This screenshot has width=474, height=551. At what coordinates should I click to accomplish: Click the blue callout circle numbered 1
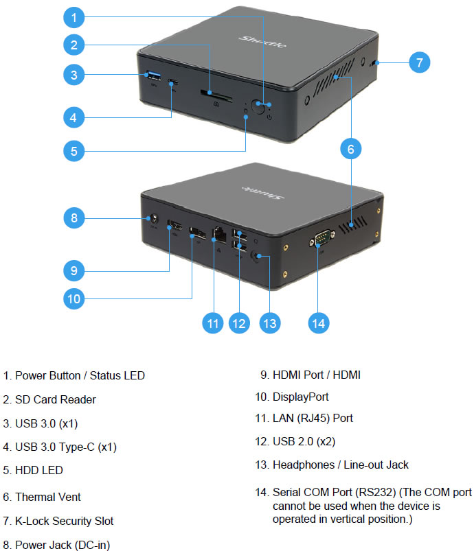(74, 17)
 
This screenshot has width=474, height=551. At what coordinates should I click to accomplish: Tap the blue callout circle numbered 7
(420, 62)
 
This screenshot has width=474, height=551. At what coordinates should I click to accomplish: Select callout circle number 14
(319, 323)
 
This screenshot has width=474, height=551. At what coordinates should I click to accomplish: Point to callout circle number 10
(74, 298)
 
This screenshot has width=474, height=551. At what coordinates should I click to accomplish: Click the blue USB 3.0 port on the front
(153, 75)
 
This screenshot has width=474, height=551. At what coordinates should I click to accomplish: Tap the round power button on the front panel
(258, 106)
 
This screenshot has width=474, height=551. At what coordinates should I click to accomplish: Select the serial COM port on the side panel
(321, 238)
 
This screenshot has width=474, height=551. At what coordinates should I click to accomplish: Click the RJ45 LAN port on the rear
(219, 235)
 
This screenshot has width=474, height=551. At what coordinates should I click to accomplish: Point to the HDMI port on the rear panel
(174, 225)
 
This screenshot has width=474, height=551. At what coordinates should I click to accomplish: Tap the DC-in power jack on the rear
(153, 219)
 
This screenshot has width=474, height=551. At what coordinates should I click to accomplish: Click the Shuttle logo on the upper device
(263, 41)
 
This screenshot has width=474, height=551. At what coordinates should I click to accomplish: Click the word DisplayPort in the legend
(300, 397)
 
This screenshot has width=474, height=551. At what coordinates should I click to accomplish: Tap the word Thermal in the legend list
(30, 497)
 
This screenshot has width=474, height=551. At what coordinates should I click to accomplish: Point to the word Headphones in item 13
(304, 465)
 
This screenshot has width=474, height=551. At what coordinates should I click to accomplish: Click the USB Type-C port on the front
(173, 82)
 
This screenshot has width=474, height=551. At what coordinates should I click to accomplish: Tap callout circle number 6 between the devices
(350, 149)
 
